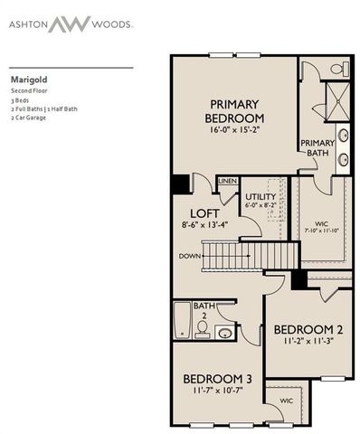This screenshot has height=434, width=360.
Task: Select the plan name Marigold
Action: (28, 79)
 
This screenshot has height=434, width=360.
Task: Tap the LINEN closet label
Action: (228, 182)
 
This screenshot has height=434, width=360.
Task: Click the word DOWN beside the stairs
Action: (188, 256)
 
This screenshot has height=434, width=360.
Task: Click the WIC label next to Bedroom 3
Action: (286, 398)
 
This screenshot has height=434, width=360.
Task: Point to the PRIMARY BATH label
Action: (317, 147)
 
